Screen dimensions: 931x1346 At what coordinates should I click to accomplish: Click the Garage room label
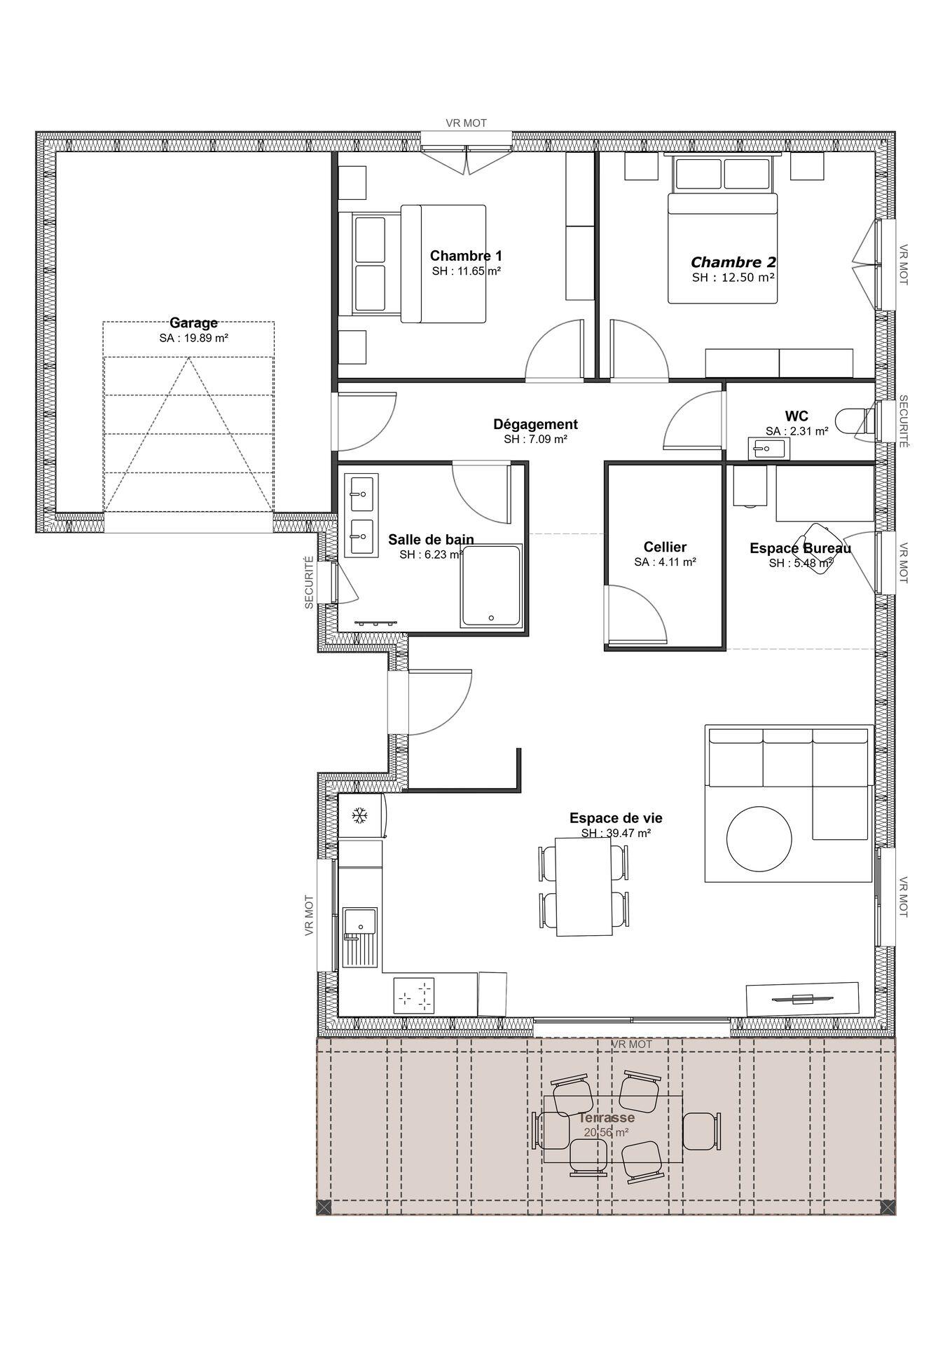193,323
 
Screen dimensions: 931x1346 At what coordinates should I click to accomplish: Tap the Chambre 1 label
466,256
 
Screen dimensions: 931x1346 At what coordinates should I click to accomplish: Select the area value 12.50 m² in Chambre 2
733,278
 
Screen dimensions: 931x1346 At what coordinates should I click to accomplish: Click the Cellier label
665,547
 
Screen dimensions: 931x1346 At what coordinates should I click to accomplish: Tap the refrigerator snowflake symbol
359,815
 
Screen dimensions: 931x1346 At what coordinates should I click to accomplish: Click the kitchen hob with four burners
415,995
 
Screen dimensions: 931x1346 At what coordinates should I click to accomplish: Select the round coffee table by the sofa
760,838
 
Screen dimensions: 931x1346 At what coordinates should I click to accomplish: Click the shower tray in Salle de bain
491,586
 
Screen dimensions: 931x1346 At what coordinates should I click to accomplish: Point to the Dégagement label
535,424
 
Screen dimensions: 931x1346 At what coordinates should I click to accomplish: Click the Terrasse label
607,1117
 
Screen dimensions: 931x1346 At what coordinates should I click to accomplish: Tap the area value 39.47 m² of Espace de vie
616,834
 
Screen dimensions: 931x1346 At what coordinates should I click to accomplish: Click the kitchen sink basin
359,920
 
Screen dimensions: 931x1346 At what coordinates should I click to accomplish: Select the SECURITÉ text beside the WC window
903,421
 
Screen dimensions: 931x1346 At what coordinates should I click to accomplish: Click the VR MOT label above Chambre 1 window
466,123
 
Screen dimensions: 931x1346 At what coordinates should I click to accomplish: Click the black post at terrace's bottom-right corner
887,1206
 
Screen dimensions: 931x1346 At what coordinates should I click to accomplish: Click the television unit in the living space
802,998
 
